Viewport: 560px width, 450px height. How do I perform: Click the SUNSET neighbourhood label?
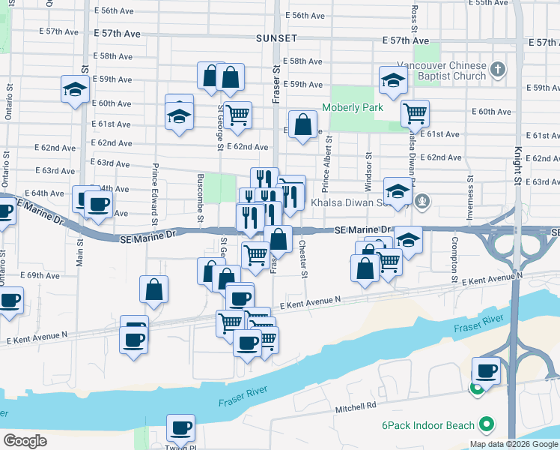[x=276, y=38]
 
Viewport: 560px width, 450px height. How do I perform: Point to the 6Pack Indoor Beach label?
[x=427, y=425]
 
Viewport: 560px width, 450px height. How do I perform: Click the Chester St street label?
[x=303, y=258]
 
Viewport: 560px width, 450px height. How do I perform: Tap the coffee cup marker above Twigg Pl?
[x=180, y=428]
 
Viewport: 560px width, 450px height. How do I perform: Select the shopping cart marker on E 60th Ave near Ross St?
[x=415, y=114]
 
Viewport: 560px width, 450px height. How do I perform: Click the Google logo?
[x=25, y=440]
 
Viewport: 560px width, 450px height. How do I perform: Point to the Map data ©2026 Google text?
[x=513, y=444]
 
